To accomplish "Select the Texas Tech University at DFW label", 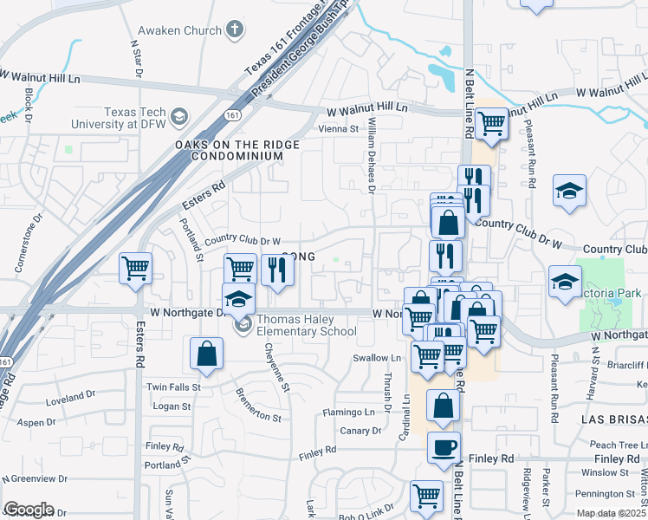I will (x=137, y=119).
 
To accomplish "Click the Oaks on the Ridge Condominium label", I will (x=229, y=150).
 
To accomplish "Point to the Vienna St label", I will (x=338, y=129).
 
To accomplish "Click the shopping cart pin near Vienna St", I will (x=491, y=123).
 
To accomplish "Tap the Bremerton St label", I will (x=258, y=405).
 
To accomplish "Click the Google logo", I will (x=29, y=510).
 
